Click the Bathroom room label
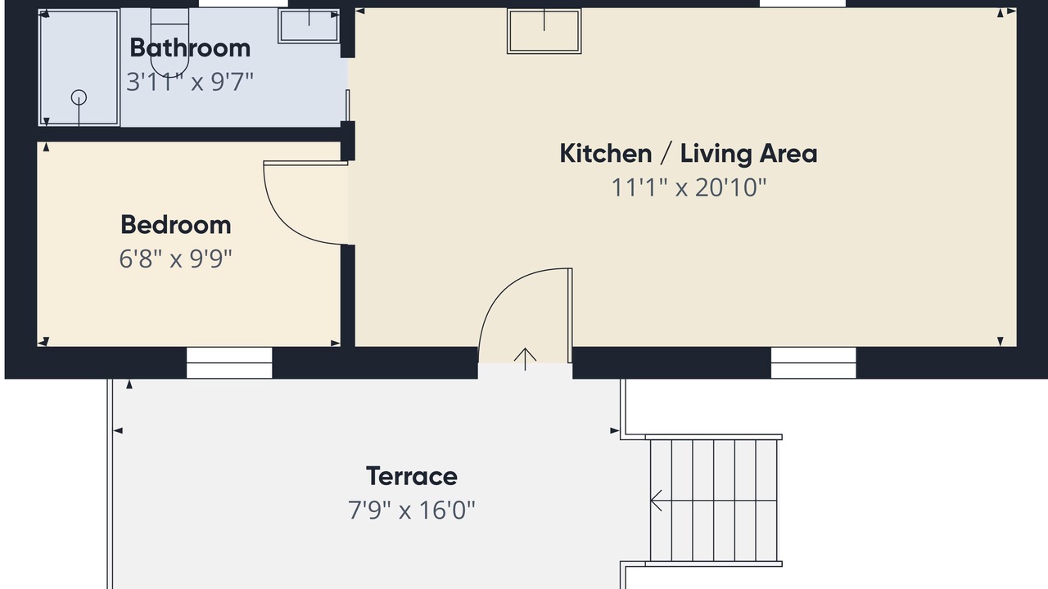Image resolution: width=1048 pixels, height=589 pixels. pyautogui.click(x=190, y=48)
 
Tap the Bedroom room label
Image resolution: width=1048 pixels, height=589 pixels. pyautogui.click(x=176, y=225)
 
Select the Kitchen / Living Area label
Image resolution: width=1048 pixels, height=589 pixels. pyautogui.click(x=689, y=153)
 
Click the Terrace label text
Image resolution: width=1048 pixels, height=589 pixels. pyautogui.click(x=412, y=476)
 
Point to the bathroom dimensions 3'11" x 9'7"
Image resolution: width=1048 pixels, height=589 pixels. pyautogui.click(x=190, y=82)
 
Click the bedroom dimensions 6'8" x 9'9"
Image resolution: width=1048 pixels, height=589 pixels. pyautogui.click(x=176, y=259)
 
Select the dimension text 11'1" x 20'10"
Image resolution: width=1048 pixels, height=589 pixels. pyautogui.click(x=689, y=187)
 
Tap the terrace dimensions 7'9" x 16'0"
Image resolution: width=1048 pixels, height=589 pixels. pyautogui.click(x=412, y=510)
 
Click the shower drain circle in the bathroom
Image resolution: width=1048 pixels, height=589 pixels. pyautogui.click(x=79, y=97)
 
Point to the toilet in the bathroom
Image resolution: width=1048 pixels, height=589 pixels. pyautogui.click(x=169, y=42)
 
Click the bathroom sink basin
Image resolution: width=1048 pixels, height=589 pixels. pyautogui.click(x=309, y=25)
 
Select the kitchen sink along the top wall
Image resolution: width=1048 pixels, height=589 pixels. pyautogui.click(x=544, y=32)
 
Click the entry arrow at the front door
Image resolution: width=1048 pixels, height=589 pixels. pyautogui.click(x=525, y=359)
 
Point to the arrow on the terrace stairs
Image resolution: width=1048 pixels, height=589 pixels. pyautogui.click(x=656, y=501)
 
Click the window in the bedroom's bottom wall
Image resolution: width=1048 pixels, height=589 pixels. pyautogui.click(x=229, y=362)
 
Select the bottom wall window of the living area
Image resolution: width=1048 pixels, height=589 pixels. pyautogui.click(x=814, y=362)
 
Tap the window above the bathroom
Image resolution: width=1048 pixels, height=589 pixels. pyautogui.click(x=243, y=4)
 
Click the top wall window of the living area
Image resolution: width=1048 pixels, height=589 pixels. pyautogui.click(x=803, y=4)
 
